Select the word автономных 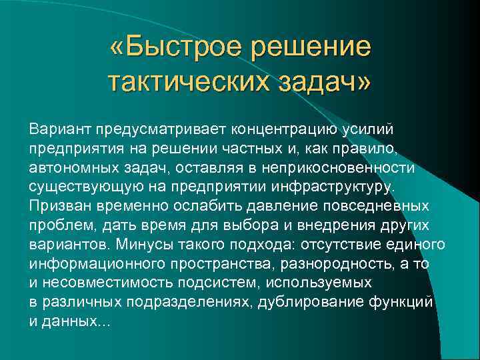tap(67, 165)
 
